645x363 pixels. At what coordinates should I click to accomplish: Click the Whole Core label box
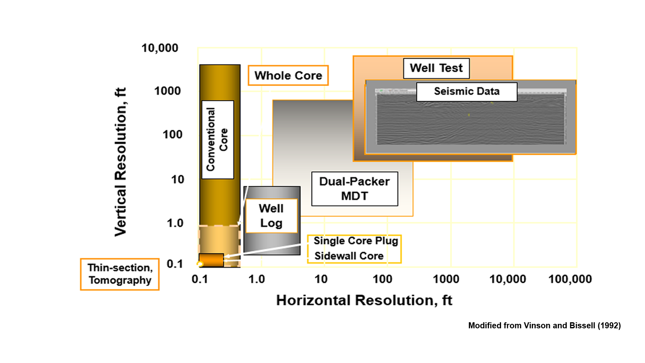pyautogui.click(x=288, y=75)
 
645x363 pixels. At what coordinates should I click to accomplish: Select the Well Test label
pyautogui.click(x=436, y=68)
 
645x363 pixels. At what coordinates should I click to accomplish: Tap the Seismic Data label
pyautogui.click(x=466, y=92)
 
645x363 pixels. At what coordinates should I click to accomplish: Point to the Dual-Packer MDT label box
pyautogui.click(x=354, y=189)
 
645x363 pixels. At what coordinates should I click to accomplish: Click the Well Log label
pyautogui.click(x=271, y=216)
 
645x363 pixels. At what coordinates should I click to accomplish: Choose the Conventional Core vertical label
pyautogui.click(x=217, y=139)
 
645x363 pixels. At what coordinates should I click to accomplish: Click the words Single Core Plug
pyautogui.click(x=356, y=241)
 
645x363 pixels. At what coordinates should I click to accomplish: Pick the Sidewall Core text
pyautogui.click(x=349, y=256)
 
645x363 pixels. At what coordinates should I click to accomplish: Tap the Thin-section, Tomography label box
pyautogui.click(x=120, y=274)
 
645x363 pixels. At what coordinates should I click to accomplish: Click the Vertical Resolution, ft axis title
pyautogui.click(x=121, y=161)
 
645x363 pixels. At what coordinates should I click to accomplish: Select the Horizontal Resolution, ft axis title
pyautogui.click(x=364, y=300)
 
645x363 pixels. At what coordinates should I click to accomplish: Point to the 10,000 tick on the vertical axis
pyautogui.click(x=160, y=48)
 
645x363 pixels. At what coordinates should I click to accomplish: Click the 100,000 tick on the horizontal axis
pyautogui.click(x=570, y=279)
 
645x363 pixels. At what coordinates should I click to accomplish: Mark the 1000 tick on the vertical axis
pyautogui.click(x=167, y=91)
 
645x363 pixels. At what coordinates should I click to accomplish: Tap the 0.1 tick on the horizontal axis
pyautogui.click(x=200, y=279)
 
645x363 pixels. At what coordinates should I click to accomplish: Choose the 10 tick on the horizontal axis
pyautogui.click(x=321, y=279)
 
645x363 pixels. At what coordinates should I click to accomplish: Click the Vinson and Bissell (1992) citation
pyautogui.click(x=544, y=325)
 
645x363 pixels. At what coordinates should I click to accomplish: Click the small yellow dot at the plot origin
pyautogui.click(x=200, y=264)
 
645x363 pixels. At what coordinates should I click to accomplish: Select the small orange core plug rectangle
pyautogui.click(x=212, y=260)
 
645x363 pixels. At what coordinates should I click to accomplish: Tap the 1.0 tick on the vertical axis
pyautogui.click(x=175, y=223)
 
